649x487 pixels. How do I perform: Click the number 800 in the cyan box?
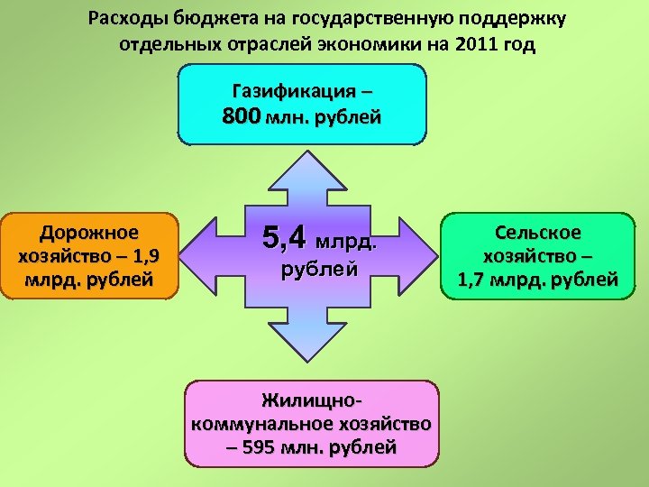pyautogui.click(x=241, y=116)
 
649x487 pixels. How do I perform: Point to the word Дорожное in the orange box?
pyautogui.click(x=88, y=234)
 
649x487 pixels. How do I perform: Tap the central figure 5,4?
pyautogui.click(x=284, y=238)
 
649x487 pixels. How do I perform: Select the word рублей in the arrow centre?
pyautogui.click(x=320, y=269)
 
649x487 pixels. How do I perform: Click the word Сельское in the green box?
pyautogui.click(x=537, y=234)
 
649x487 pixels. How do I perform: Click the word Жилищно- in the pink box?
pyautogui.click(x=312, y=400)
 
